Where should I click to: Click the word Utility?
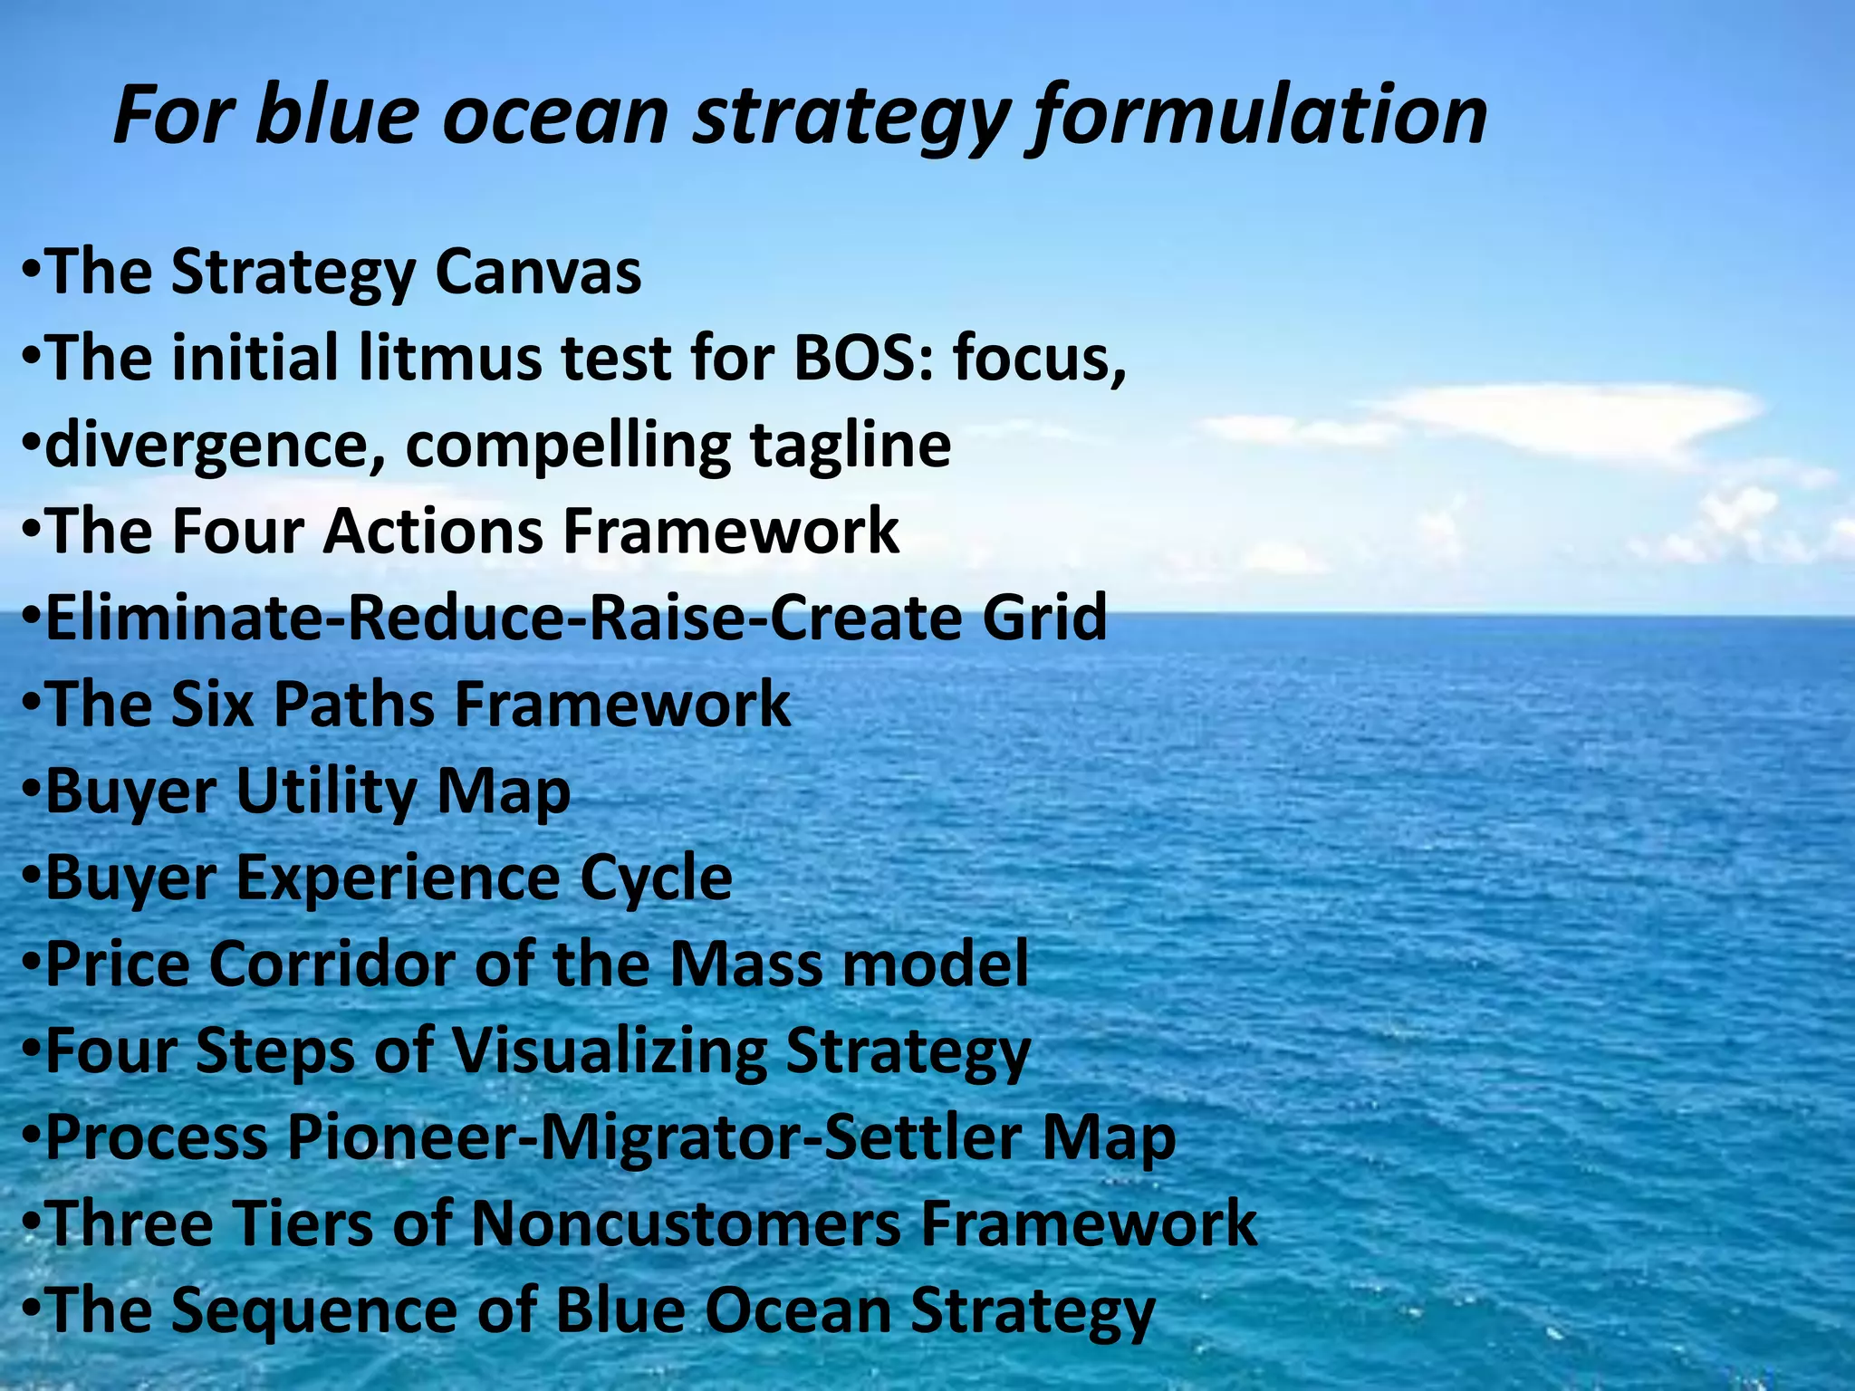point(326,791)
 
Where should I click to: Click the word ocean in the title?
point(555,116)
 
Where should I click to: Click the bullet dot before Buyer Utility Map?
point(31,791)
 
